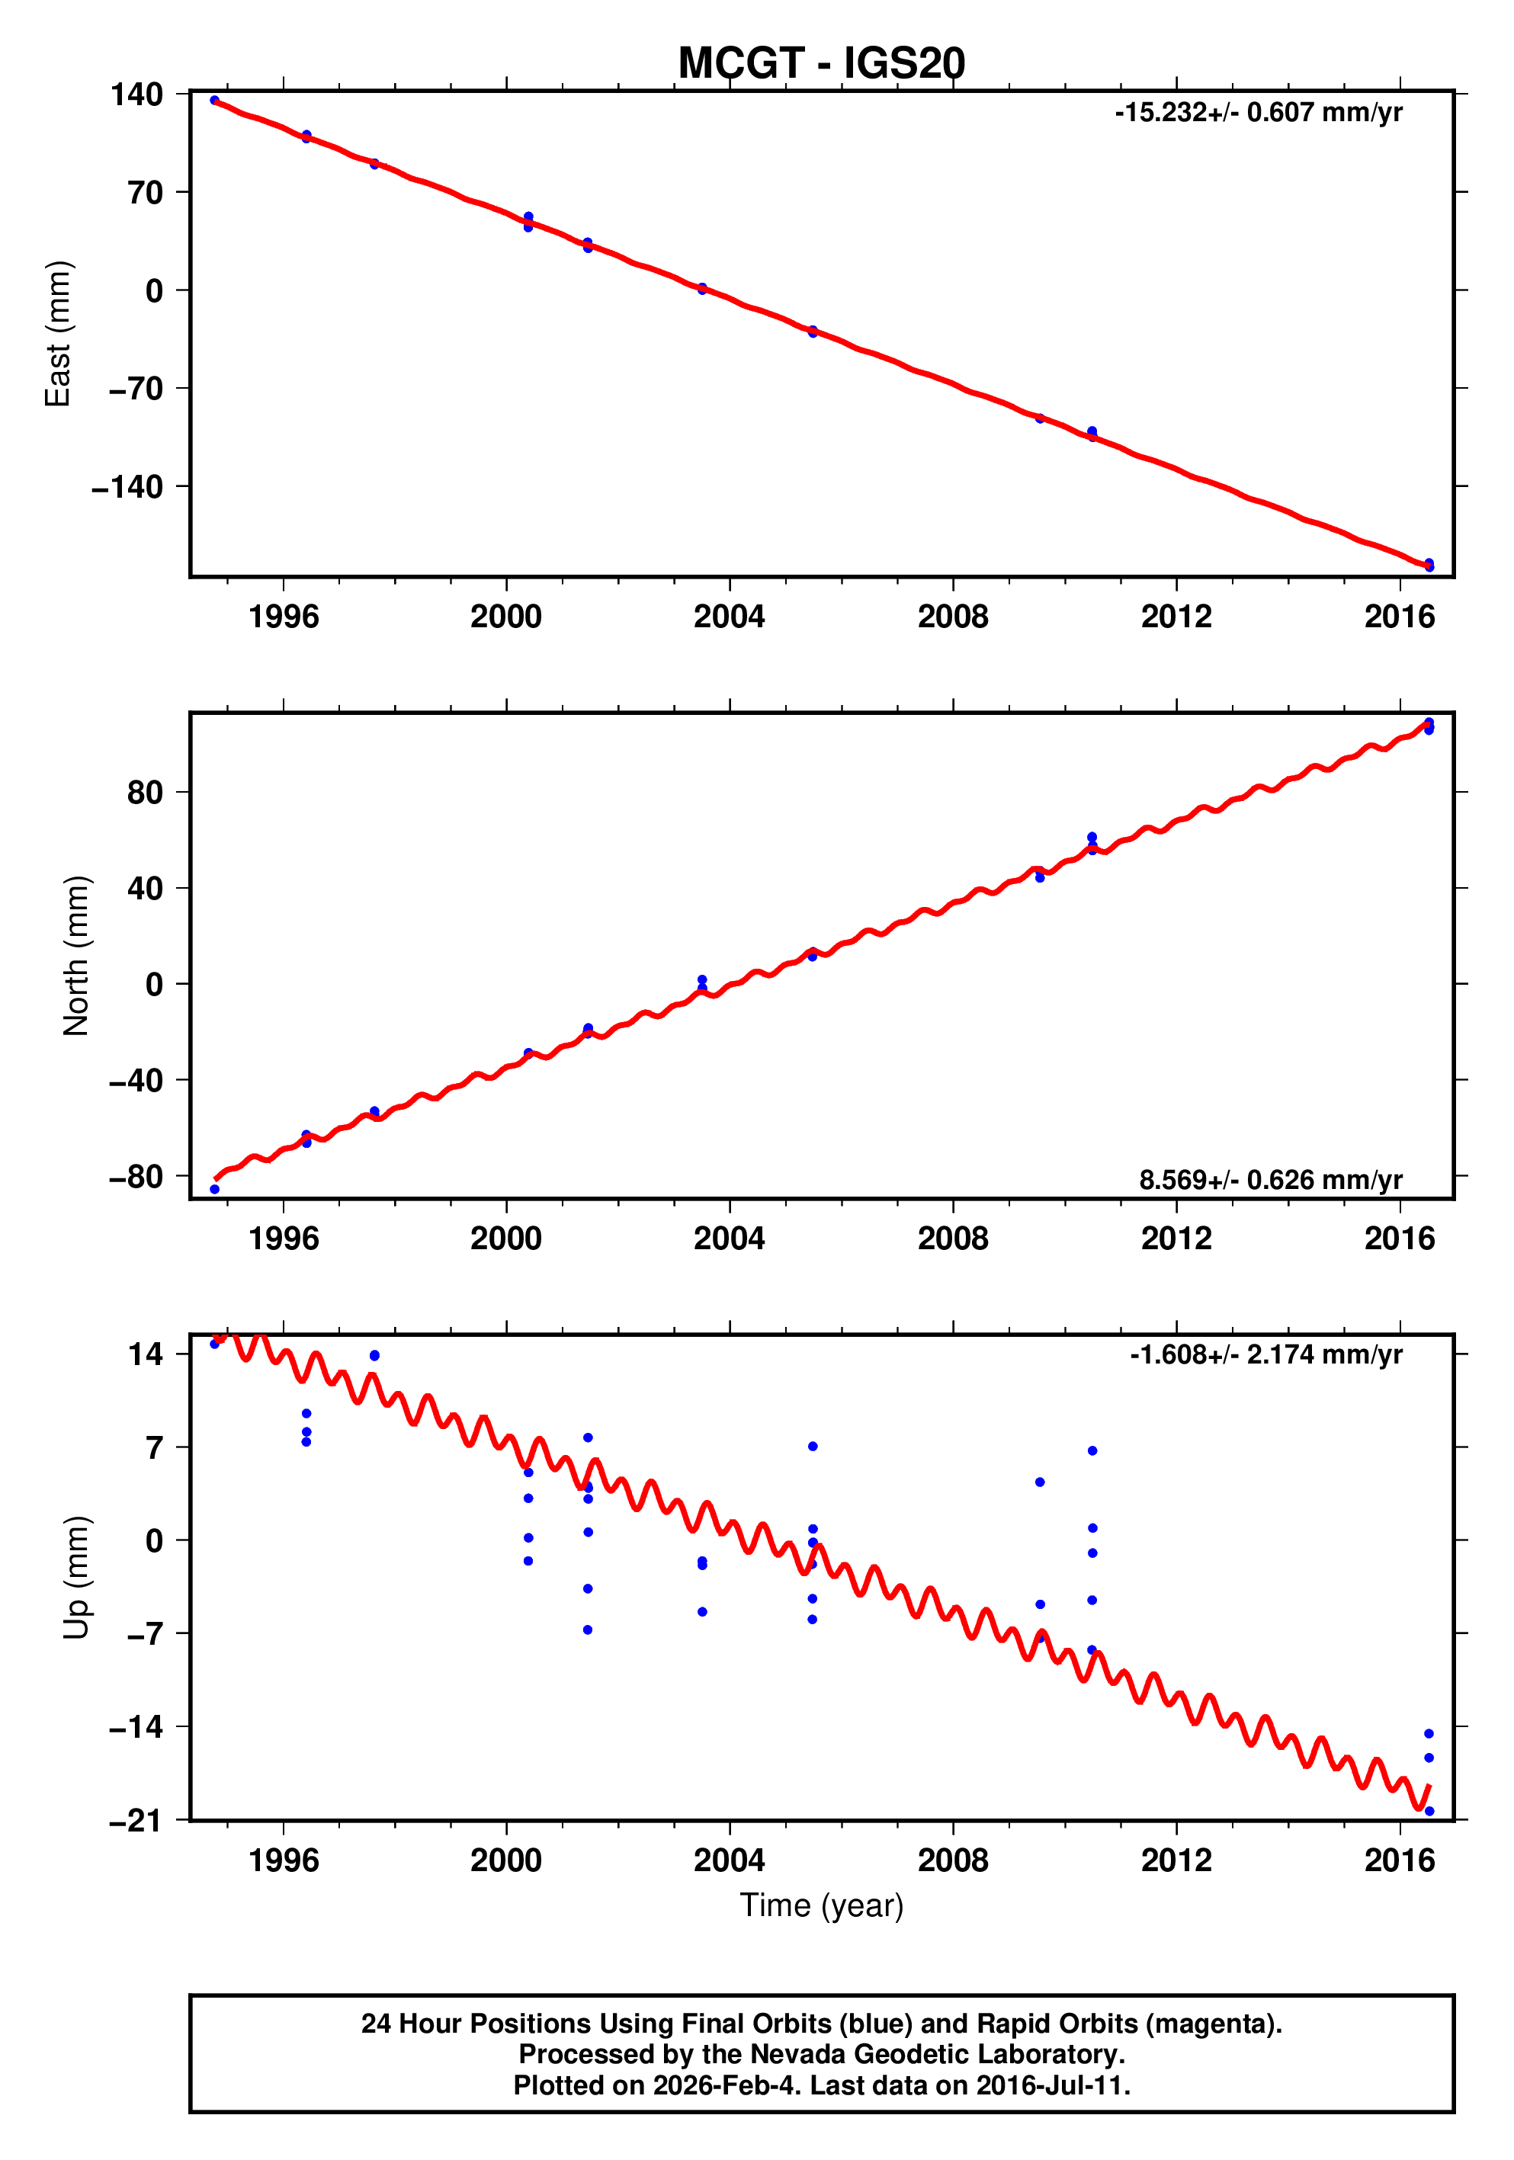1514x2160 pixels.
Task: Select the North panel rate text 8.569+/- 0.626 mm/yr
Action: [1270, 1180]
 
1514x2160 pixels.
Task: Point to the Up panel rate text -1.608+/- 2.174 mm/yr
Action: [1265, 1354]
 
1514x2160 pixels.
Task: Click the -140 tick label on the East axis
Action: [127, 487]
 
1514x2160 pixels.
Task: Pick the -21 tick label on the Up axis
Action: [136, 1822]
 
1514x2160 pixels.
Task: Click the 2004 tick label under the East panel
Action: [730, 617]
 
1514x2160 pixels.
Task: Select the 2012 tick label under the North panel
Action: [1176, 1239]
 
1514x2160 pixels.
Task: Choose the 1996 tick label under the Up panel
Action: [284, 1860]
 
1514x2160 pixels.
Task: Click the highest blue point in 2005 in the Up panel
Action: [812, 1446]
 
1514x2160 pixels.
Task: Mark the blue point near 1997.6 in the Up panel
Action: [374, 1356]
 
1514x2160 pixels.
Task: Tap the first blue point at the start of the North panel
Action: [214, 1189]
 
